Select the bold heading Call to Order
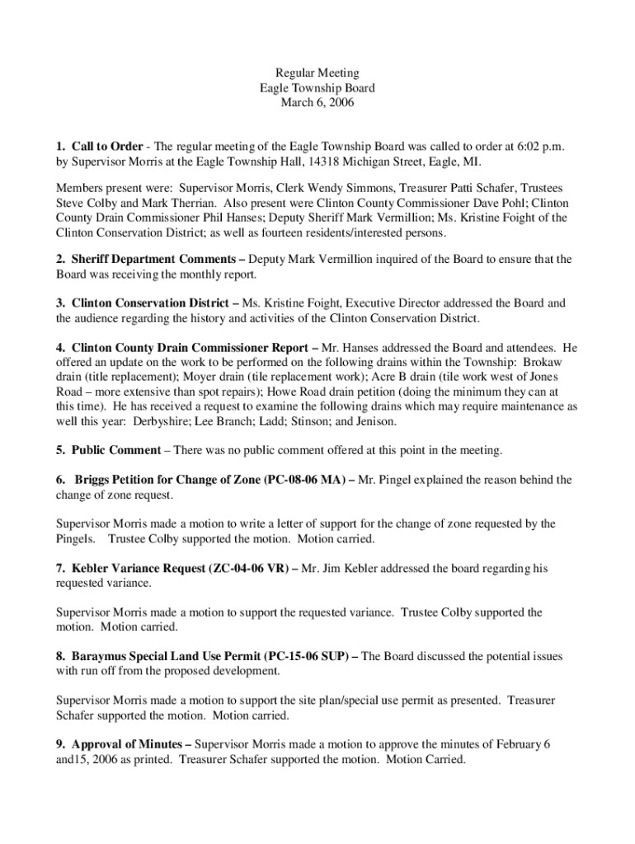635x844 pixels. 107,146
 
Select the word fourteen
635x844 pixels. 294,233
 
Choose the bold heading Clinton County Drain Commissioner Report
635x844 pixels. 190,348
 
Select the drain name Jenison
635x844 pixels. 374,422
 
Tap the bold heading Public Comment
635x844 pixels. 116,450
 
